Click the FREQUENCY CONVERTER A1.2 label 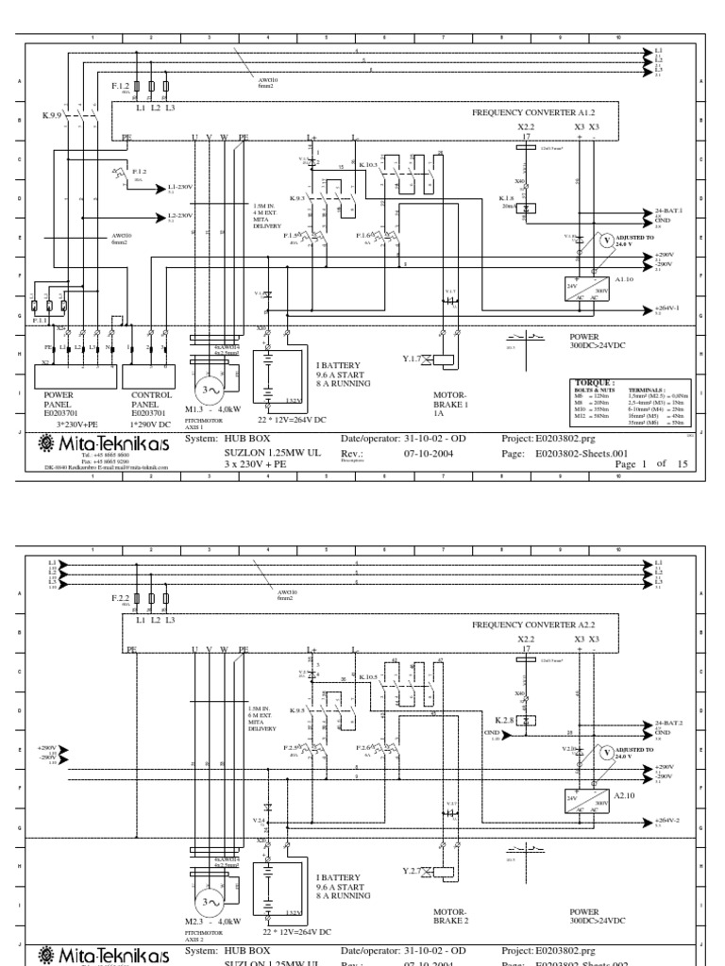coord(533,110)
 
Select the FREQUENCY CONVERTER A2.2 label coord(533,625)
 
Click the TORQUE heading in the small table coord(587,386)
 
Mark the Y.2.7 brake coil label coord(411,870)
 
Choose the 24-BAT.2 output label coord(668,724)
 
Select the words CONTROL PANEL coord(149,401)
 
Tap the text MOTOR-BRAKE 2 coord(451,916)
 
